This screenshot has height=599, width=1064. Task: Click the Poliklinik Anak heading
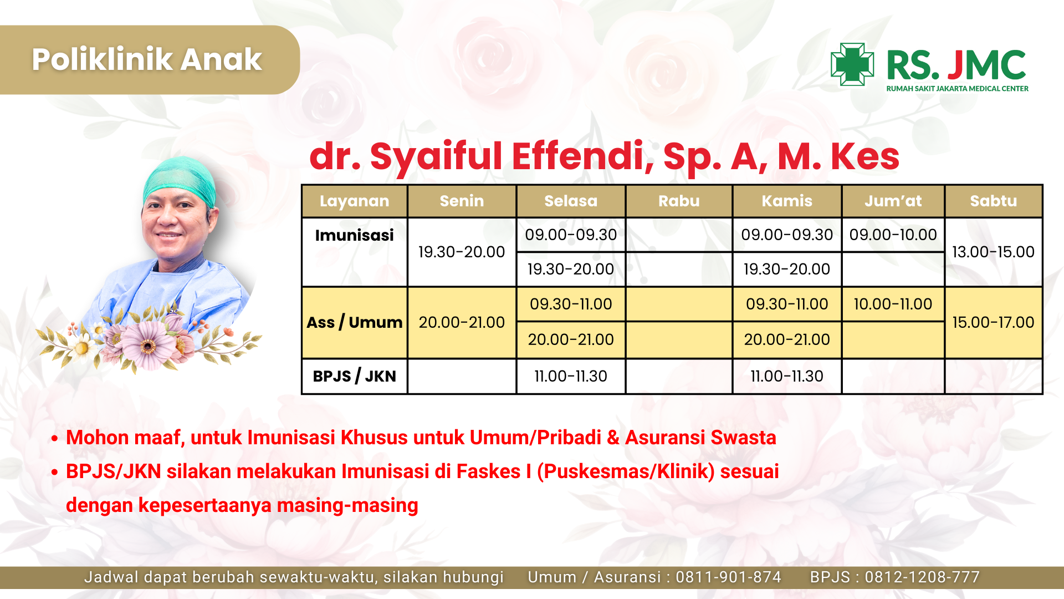coord(147,59)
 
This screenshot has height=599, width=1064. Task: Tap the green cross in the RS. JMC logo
coord(852,64)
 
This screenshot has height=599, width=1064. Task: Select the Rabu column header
coord(679,201)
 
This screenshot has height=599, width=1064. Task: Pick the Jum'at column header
coord(893,201)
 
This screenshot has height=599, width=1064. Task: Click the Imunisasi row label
coord(355,235)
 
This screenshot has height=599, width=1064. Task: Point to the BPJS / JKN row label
coord(355,376)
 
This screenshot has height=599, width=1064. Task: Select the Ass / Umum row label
coord(355,322)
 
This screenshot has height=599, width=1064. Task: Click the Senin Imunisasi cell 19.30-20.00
coord(462,252)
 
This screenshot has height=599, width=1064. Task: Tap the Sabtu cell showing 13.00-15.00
coord(994,252)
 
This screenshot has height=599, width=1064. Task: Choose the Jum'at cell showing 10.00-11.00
coord(893,304)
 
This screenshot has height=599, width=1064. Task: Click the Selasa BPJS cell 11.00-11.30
coord(571,376)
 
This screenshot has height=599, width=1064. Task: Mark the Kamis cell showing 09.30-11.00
coord(787,304)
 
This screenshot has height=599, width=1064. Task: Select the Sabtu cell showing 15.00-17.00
coord(994,322)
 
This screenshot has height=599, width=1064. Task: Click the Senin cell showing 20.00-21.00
coord(462,322)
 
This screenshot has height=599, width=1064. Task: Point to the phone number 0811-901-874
coord(728,577)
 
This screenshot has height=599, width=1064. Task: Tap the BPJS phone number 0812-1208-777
coord(922,577)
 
